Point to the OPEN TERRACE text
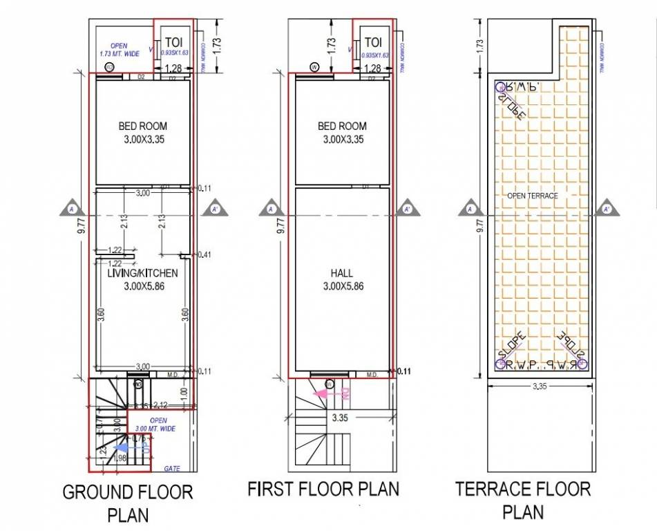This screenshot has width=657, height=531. pyautogui.click(x=532, y=196)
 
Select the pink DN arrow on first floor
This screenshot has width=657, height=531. pyautogui.click(x=332, y=395)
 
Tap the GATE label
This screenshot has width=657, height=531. pyautogui.click(x=172, y=469)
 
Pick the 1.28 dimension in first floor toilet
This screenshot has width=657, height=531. pyautogui.click(x=372, y=68)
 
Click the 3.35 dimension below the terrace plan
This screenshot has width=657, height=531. pyautogui.click(x=540, y=386)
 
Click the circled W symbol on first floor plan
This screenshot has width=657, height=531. pyautogui.click(x=314, y=67)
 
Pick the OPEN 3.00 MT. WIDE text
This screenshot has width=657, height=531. pyautogui.click(x=158, y=425)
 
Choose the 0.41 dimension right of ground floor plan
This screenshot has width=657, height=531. pyautogui.click(x=204, y=255)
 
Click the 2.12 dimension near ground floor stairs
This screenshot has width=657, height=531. pyautogui.click(x=160, y=404)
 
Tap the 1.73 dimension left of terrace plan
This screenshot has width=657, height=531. pyautogui.click(x=480, y=44)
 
